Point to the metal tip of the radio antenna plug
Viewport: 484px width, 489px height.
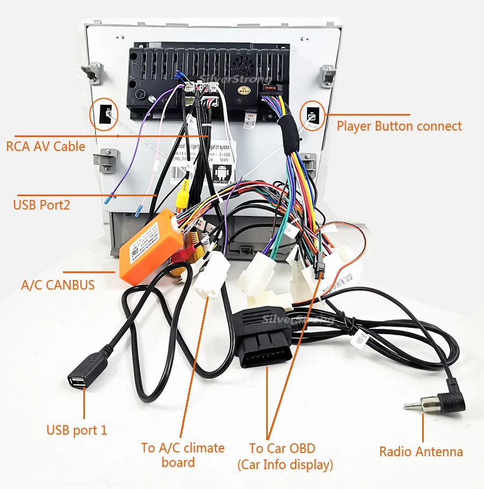pos(414,404)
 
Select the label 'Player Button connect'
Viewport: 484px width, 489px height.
pos(399,126)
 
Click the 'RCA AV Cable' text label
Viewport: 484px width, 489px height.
pos(46,146)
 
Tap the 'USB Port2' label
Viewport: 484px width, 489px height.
pos(41,205)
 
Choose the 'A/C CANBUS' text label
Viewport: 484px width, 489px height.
pos(58,285)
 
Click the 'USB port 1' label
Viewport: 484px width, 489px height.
pos(77,430)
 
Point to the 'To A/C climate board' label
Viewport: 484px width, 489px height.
pos(183,455)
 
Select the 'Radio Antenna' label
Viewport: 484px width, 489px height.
pos(421,451)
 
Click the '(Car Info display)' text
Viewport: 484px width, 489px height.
pos(285,465)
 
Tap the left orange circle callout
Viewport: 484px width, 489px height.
pos(104,113)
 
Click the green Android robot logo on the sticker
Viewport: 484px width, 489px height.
pos(220,175)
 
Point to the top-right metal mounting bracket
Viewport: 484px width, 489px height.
pos(328,76)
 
